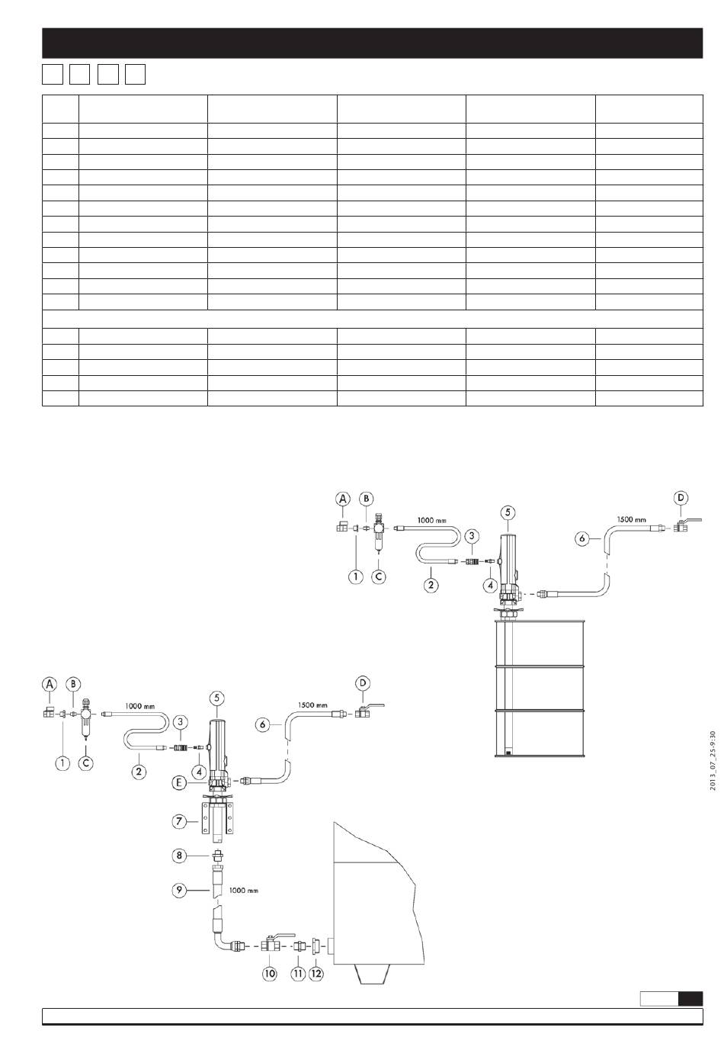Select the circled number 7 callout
(x=178, y=822)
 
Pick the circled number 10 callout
(x=270, y=974)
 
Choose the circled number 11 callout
(x=298, y=974)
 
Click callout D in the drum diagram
(x=681, y=498)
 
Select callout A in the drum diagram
(x=343, y=498)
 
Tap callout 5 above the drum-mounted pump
(x=509, y=512)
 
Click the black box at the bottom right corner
(x=690, y=999)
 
